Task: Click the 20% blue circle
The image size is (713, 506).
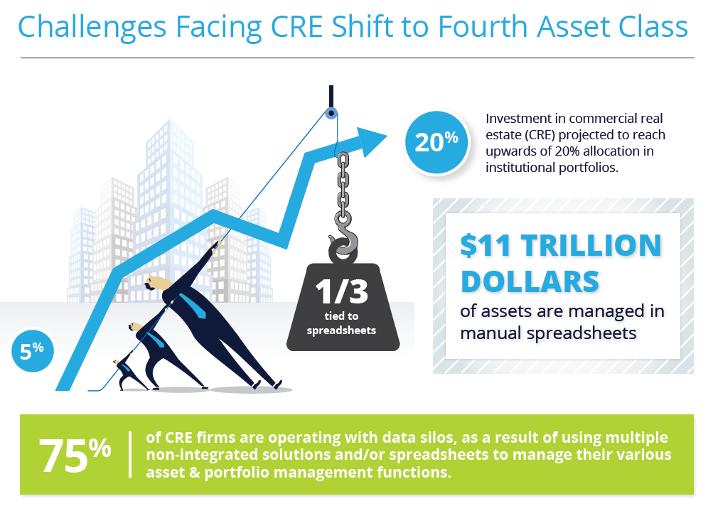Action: [x=436, y=142]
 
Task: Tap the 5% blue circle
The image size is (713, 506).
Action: [x=32, y=351]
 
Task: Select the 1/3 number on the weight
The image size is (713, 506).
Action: [x=341, y=291]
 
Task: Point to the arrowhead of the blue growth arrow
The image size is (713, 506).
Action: [x=371, y=141]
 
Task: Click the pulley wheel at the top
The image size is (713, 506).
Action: [x=331, y=113]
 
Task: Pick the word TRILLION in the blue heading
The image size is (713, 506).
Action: [x=591, y=246]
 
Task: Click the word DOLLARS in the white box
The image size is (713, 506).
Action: [x=530, y=281]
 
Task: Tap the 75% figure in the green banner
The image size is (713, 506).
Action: [x=75, y=455]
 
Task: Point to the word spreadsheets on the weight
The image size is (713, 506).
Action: [x=341, y=330]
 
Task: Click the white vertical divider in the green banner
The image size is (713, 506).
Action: [x=130, y=454]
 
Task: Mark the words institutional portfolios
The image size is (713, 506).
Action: [x=552, y=168]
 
